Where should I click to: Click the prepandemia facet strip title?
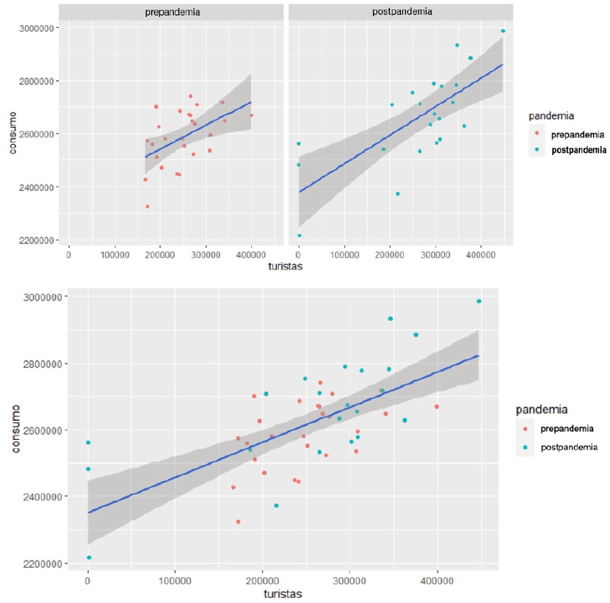[173, 12]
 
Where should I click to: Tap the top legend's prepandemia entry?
[578, 134]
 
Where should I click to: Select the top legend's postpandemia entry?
[579, 149]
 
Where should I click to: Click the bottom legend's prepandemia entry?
[567, 427]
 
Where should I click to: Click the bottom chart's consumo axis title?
[15, 430]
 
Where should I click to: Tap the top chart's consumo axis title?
[12, 134]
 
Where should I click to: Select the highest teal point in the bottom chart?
[479, 301]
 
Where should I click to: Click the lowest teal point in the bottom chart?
[89, 557]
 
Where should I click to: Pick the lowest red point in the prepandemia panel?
[147, 206]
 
